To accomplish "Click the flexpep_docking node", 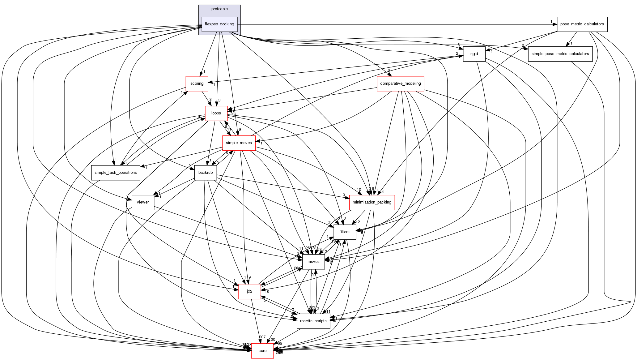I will pyautogui.click(x=219, y=24).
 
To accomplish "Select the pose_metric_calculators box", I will pyautogui.click(x=582, y=24).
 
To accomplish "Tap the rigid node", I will pyautogui.click(x=474, y=54).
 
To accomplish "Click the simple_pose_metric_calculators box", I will pyautogui.click(x=560, y=54).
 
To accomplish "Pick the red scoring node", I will pyautogui.click(x=197, y=84).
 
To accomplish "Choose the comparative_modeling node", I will pyautogui.click(x=400, y=84).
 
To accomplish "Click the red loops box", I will pyautogui.click(x=216, y=113).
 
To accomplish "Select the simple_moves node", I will pyautogui.click(x=239, y=143).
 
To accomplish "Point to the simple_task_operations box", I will pyautogui.click(x=116, y=173).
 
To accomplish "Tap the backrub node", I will pyautogui.click(x=206, y=173).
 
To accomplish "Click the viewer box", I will pyautogui.click(x=143, y=202).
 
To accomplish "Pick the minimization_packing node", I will pyautogui.click(x=372, y=202).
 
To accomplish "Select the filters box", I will pyautogui.click(x=344, y=232).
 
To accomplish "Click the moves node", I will pyautogui.click(x=313, y=262).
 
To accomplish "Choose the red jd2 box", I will pyautogui.click(x=249, y=291).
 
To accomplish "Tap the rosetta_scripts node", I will pyautogui.click(x=313, y=321).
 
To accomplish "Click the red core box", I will pyautogui.click(x=262, y=351).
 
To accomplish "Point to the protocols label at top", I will pyautogui.click(x=219, y=9).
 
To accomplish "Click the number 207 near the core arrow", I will pyautogui.click(x=262, y=337).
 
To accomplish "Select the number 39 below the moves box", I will pyautogui.click(x=313, y=275).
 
